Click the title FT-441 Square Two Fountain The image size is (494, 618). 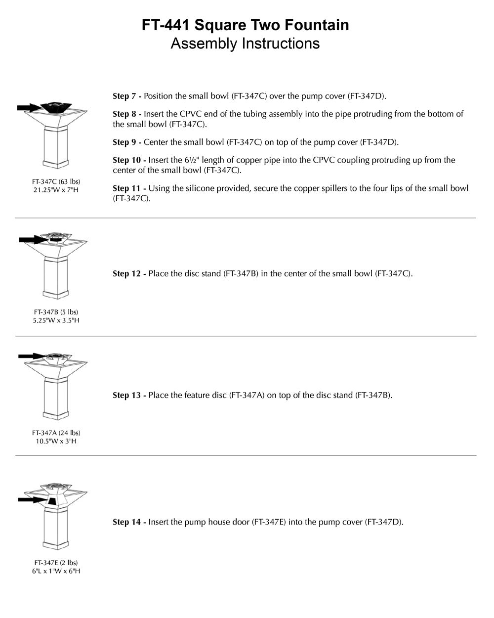245,25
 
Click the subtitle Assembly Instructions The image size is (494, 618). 245,44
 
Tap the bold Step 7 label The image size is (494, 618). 127,96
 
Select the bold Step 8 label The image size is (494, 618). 127,114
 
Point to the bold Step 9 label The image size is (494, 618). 127,142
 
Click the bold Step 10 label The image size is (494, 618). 129,160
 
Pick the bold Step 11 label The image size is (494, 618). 129,188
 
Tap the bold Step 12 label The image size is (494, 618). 129,273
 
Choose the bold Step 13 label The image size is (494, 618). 129,395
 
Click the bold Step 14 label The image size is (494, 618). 129,522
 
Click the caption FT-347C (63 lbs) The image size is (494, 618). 56,181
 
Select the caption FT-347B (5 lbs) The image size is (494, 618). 56,312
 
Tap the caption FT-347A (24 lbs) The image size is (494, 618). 56,433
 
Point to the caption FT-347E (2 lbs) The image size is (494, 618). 56,563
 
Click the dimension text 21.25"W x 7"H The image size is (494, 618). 56,190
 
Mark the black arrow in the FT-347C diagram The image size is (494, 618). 29,107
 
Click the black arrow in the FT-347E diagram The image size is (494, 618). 31,500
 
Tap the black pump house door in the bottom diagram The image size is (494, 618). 51,502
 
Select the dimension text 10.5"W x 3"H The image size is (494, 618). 56,441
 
